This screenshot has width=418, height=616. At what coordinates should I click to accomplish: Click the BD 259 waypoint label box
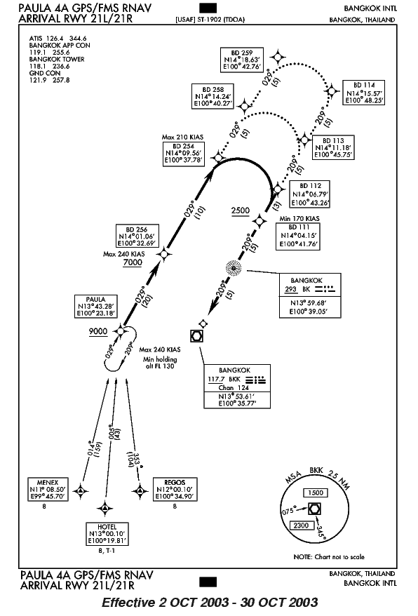pyautogui.click(x=241, y=60)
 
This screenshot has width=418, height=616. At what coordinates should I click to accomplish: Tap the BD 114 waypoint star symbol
pyautogui.click(x=332, y=91)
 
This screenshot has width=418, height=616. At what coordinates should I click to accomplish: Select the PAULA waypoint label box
pyautogui.click(x=96, y=307)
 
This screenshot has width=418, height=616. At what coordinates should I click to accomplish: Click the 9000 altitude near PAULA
pyautogui.click(x=98, y=332)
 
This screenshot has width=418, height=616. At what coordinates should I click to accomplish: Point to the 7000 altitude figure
pyautogui.click(x=133, y=263)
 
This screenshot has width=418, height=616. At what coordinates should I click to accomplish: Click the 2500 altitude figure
pyautogui.click(x=241, y=210)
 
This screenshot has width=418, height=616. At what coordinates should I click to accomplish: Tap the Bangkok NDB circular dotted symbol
pyautogui.click(x=234, y=268)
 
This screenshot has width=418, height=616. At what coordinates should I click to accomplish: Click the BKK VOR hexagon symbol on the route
pyautogui.click(x=196, y=336)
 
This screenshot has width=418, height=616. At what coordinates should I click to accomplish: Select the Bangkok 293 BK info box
pyautogui.click(x=310, y=295)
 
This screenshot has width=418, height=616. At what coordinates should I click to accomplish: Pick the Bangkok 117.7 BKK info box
pyautogui.click(x=237, y=387)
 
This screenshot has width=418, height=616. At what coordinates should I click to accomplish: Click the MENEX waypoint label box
pyautogui.click(x=48, y=490)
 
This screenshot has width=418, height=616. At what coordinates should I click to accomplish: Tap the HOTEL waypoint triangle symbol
pyautogui.click(x=104, y=509)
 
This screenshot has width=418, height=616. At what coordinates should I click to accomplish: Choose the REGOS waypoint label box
pyautogui.click(x=175, y=490)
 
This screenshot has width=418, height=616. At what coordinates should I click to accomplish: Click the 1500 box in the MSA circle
pyautogui.click(x=316, y=493)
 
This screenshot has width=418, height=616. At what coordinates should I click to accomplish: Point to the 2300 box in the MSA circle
pyautogui.click(x=302, y=525)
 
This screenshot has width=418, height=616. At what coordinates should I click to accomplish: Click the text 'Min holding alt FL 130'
pyautogui.click(x=160, y=363)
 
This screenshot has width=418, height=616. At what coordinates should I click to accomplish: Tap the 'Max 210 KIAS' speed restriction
pyautogui.click(x=182, y=137)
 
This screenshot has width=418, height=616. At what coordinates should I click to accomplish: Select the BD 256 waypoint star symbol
pyautogui.click(x=164, y=254)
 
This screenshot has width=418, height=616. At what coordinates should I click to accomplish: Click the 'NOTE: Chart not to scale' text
pyautogui.click(x=329, y=556)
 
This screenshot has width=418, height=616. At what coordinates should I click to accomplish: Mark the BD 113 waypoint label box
pyautogui.click(x=334, y=148)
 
